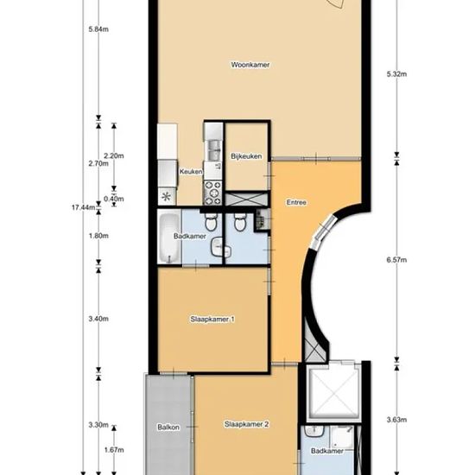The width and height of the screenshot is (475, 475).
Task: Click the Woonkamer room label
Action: (x=250, y=65)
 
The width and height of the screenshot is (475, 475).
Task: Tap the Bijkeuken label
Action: (x=246, y=156)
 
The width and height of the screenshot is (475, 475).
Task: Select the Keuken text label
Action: (x=191, y=172)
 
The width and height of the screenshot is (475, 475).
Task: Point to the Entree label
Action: (x=296, y=202)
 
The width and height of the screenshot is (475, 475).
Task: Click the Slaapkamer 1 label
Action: (x=212, y=319)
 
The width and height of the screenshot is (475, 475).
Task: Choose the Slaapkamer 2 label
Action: (x=247, y=424)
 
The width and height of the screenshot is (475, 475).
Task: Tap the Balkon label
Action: (x=168, y=427)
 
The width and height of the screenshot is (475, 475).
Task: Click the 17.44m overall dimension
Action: (x=83, y=207)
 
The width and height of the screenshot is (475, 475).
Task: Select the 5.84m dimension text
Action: (x=98, y=29)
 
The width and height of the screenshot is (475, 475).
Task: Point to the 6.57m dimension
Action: (x=397, y=260)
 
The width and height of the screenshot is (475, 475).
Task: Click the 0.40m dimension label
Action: (x=114, y=199)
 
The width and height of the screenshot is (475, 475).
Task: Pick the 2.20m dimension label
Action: (x=114, y=155)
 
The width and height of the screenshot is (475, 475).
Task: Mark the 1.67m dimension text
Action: (x=114, y=450)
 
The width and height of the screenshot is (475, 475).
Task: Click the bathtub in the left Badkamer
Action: (x=169, y=238)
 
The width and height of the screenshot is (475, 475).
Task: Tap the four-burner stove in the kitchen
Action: (x=212, y=193)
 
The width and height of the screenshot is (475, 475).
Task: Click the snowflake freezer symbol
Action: (x=166, y=197)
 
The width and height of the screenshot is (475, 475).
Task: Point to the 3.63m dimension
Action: (x=397, y=420)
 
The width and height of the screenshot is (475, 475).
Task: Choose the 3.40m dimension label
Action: (x=98, y=319)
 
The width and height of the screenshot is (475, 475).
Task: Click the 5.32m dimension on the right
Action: (x=397, y=74)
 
